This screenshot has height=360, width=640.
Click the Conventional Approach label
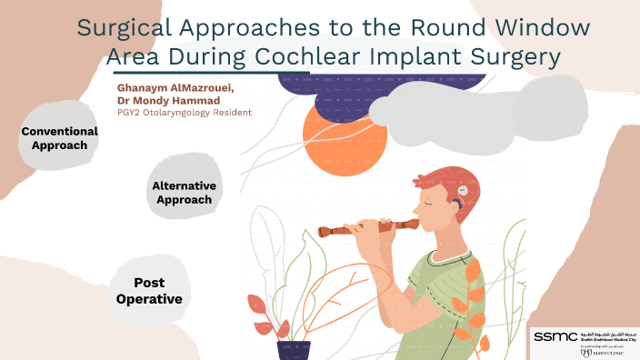pyautogui.click(x=59, y=138)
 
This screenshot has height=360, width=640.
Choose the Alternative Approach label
pyautogui.click(x=184, y=193)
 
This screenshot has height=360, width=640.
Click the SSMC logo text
pyautogui.click(x=552, y=336)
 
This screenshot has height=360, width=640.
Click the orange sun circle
pyautogui.click(x=337, y=143)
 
